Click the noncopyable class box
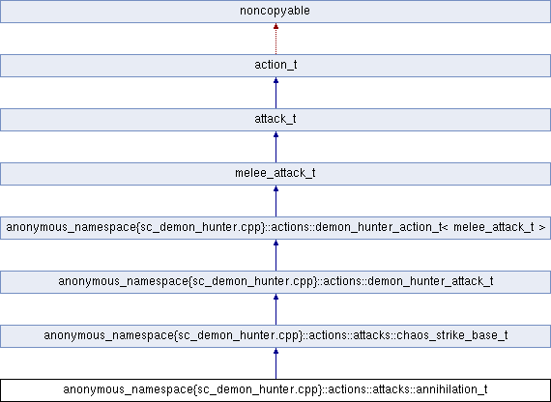point(275,12)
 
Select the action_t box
point(275,66)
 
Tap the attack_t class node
point(275,120)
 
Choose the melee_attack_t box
point(275,174)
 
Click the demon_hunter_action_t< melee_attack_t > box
point(275,228)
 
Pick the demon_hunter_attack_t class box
point(275,282)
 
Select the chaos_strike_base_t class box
point(275,336)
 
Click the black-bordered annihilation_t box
point(275,390)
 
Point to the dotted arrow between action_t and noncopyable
point(275,41)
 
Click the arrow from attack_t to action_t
point(275,95)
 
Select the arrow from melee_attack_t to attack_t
point(275,149)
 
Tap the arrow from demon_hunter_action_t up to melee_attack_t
point(275,203)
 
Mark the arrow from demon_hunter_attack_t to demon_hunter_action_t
point(275,257)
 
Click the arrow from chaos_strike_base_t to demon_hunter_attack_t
point(275,311)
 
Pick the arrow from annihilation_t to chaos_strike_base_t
point(275,365)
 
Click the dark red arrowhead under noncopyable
point(275,29)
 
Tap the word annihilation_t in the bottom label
point(449,390)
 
